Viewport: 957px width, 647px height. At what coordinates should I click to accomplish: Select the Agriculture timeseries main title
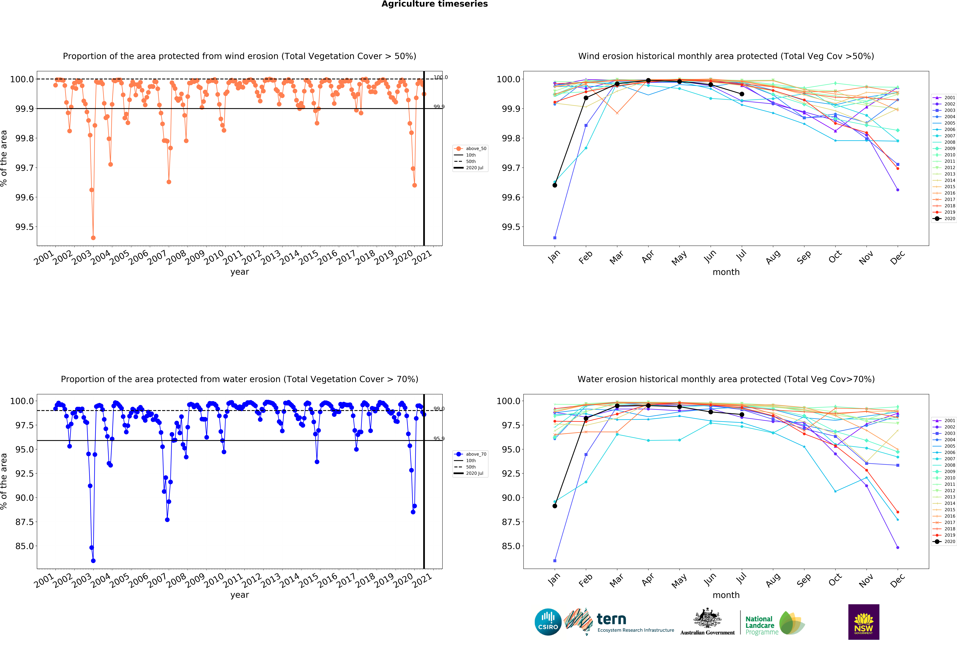pyautogui.click(x=434, y=4)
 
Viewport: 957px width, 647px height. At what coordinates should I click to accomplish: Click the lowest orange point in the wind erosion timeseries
pyautogui.click(x=93, y=238)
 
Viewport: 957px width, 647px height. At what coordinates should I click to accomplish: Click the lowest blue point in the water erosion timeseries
pyautogui.click(x=93, y=561)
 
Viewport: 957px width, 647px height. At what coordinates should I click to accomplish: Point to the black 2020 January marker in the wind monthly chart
pyautogui.click(x=555, y=185)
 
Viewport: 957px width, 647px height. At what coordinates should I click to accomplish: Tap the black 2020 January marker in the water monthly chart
pyautogui.click(x=555, y=506)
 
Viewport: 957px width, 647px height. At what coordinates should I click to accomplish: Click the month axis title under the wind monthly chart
pyautogui.click(x=726, y=272)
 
